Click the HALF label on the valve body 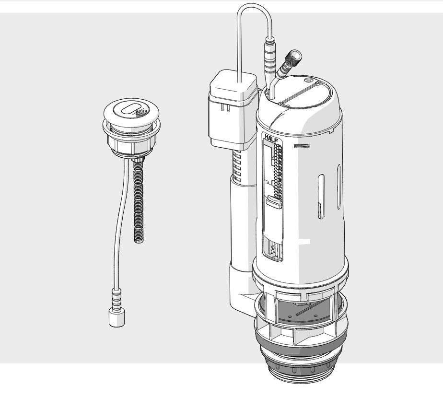coord(271,139)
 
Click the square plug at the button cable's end coord(117,317)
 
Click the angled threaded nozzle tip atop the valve coord(295,56)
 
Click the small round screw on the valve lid coord(307,80)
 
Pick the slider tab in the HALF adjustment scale coord(274,201)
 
